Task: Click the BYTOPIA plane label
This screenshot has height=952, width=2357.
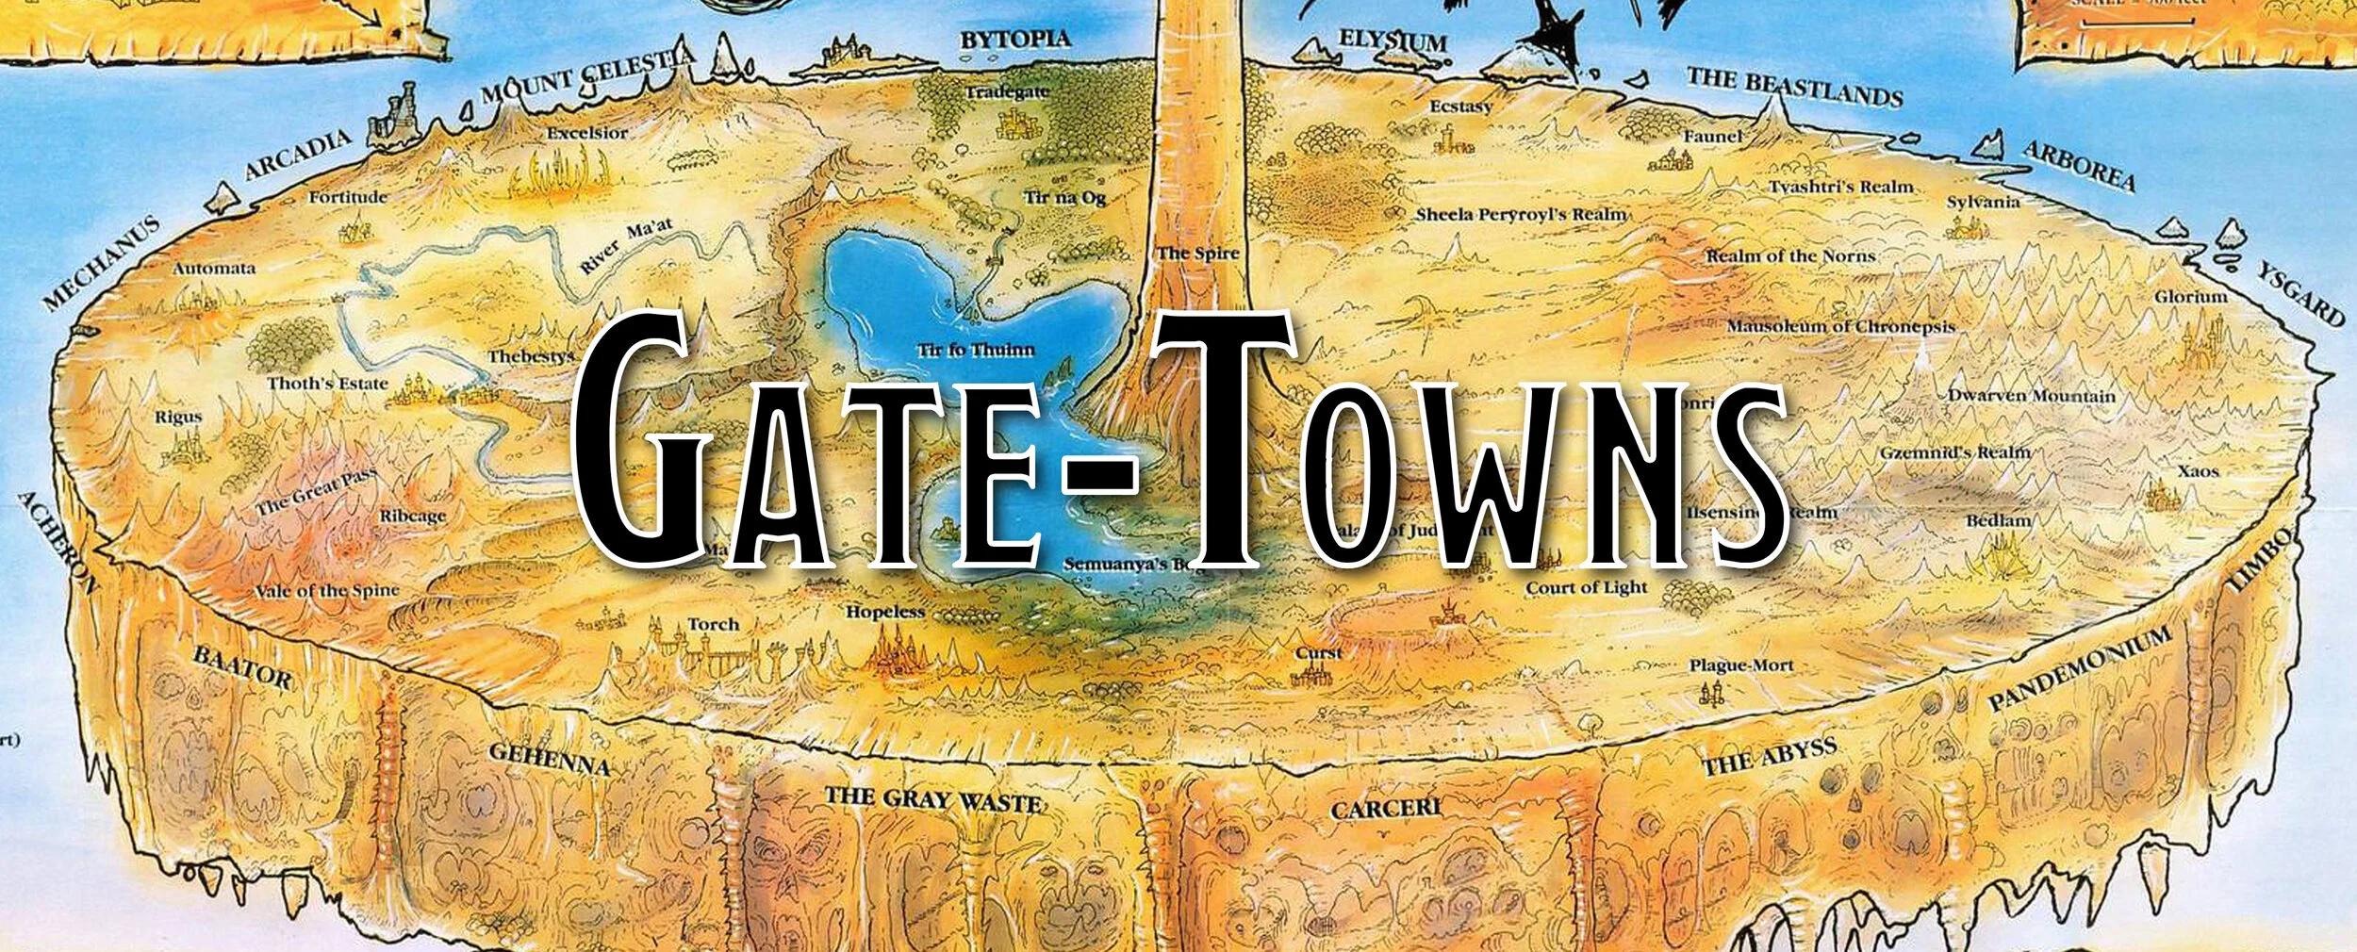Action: tap(1015, 40)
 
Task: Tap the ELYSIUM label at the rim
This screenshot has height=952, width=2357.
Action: tap(1393, 41)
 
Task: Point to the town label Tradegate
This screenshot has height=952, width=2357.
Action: tap(1007, 92)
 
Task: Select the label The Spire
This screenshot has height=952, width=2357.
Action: tap(1197, 254)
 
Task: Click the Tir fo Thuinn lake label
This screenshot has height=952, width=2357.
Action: tap(976, 351)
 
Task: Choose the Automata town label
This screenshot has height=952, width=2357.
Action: tap(214, 269)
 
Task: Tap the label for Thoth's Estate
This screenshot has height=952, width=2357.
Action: tap(327, 384)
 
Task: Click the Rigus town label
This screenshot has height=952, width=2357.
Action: tap(178, 417)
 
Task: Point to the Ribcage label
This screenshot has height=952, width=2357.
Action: tap(413, 517)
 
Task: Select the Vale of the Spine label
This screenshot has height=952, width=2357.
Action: tap(326, 591)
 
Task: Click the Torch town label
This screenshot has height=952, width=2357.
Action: tap(713, 624)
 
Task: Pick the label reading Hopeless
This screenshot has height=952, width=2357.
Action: tap(885, 612)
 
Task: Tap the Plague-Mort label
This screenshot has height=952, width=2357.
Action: tap(1740, 665)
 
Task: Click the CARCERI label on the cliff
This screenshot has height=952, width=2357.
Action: tap(1385, 809)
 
